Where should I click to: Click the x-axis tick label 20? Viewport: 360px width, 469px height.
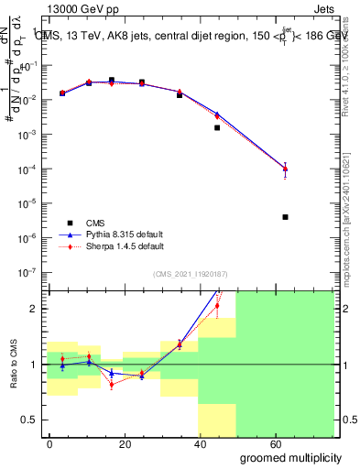point(125,442)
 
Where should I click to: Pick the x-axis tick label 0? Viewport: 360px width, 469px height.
point(50,442)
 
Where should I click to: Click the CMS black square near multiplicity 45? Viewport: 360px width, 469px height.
point(217,127)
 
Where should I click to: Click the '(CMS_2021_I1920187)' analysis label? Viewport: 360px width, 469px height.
point(190,274)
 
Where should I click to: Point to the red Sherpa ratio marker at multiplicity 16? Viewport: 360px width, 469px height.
point(112,385)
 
